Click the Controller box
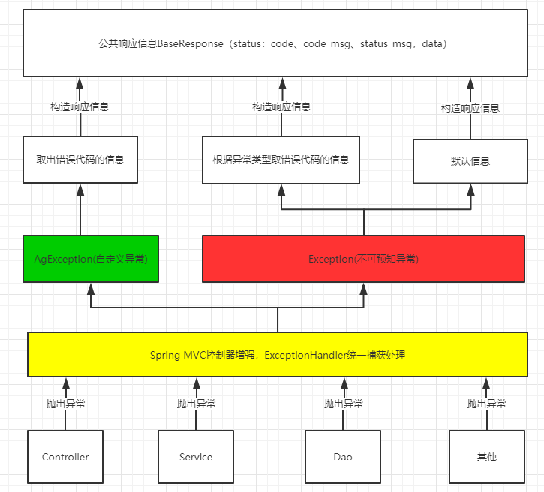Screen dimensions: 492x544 65,456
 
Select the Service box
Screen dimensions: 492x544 196,456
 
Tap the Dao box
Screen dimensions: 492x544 342,456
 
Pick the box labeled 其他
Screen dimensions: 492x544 486,456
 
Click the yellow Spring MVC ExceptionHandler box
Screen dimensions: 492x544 278,354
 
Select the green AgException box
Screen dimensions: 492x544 91,259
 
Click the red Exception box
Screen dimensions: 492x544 364,259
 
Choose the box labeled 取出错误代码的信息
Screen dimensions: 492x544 80,160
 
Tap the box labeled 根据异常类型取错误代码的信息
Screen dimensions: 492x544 281,160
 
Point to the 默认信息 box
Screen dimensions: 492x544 470,160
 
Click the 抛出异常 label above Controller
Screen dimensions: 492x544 65,403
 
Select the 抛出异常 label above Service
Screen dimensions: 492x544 196,403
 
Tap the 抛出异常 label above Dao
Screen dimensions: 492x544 343,403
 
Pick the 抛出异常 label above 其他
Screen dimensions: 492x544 486,403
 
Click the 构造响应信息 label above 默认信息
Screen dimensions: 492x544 470,108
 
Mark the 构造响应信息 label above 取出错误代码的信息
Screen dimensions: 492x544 80,106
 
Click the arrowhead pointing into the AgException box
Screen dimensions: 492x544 91,288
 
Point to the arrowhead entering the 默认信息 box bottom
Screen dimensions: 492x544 470,189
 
